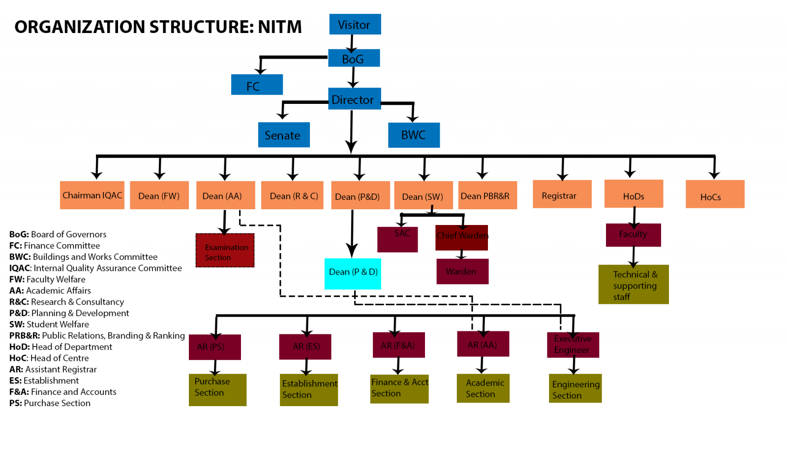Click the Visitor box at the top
tap(355, 24)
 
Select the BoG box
tap(354, 58)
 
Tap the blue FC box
tap(257, 85)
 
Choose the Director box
tap(354, 99)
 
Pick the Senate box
tap(284, 135)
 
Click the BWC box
tap(414, 135)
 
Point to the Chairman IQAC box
tap(92, 195)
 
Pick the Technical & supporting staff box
tap(633, 285)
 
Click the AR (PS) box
tap(215, 347)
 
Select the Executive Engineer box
tap(573, 345)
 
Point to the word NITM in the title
tap(280, 27)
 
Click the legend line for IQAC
tap(95, 268)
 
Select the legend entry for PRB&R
tap(97, 336)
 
